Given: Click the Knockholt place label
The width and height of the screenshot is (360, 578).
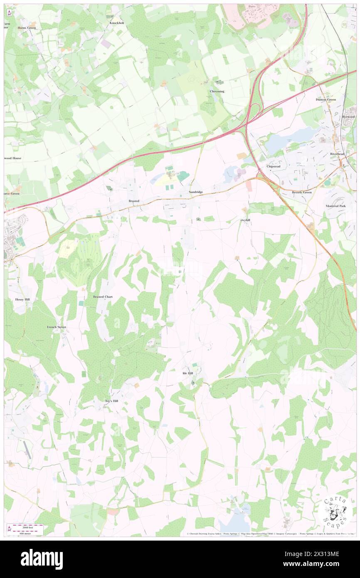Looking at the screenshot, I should [117, 23].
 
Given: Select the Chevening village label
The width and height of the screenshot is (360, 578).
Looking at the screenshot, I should [217, 91].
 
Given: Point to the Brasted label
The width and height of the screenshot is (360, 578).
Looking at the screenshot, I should [133, 201].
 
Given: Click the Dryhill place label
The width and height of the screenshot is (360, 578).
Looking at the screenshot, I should [245, 220].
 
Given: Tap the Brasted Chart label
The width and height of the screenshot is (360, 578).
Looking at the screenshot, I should [103, 297].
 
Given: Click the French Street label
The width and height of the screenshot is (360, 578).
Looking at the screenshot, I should [57, 327].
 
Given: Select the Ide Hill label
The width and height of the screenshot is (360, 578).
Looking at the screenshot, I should [188, 373].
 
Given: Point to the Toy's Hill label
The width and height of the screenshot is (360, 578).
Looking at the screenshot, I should [112, 401].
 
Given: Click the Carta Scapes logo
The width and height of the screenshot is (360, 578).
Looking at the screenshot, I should [335, 511].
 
